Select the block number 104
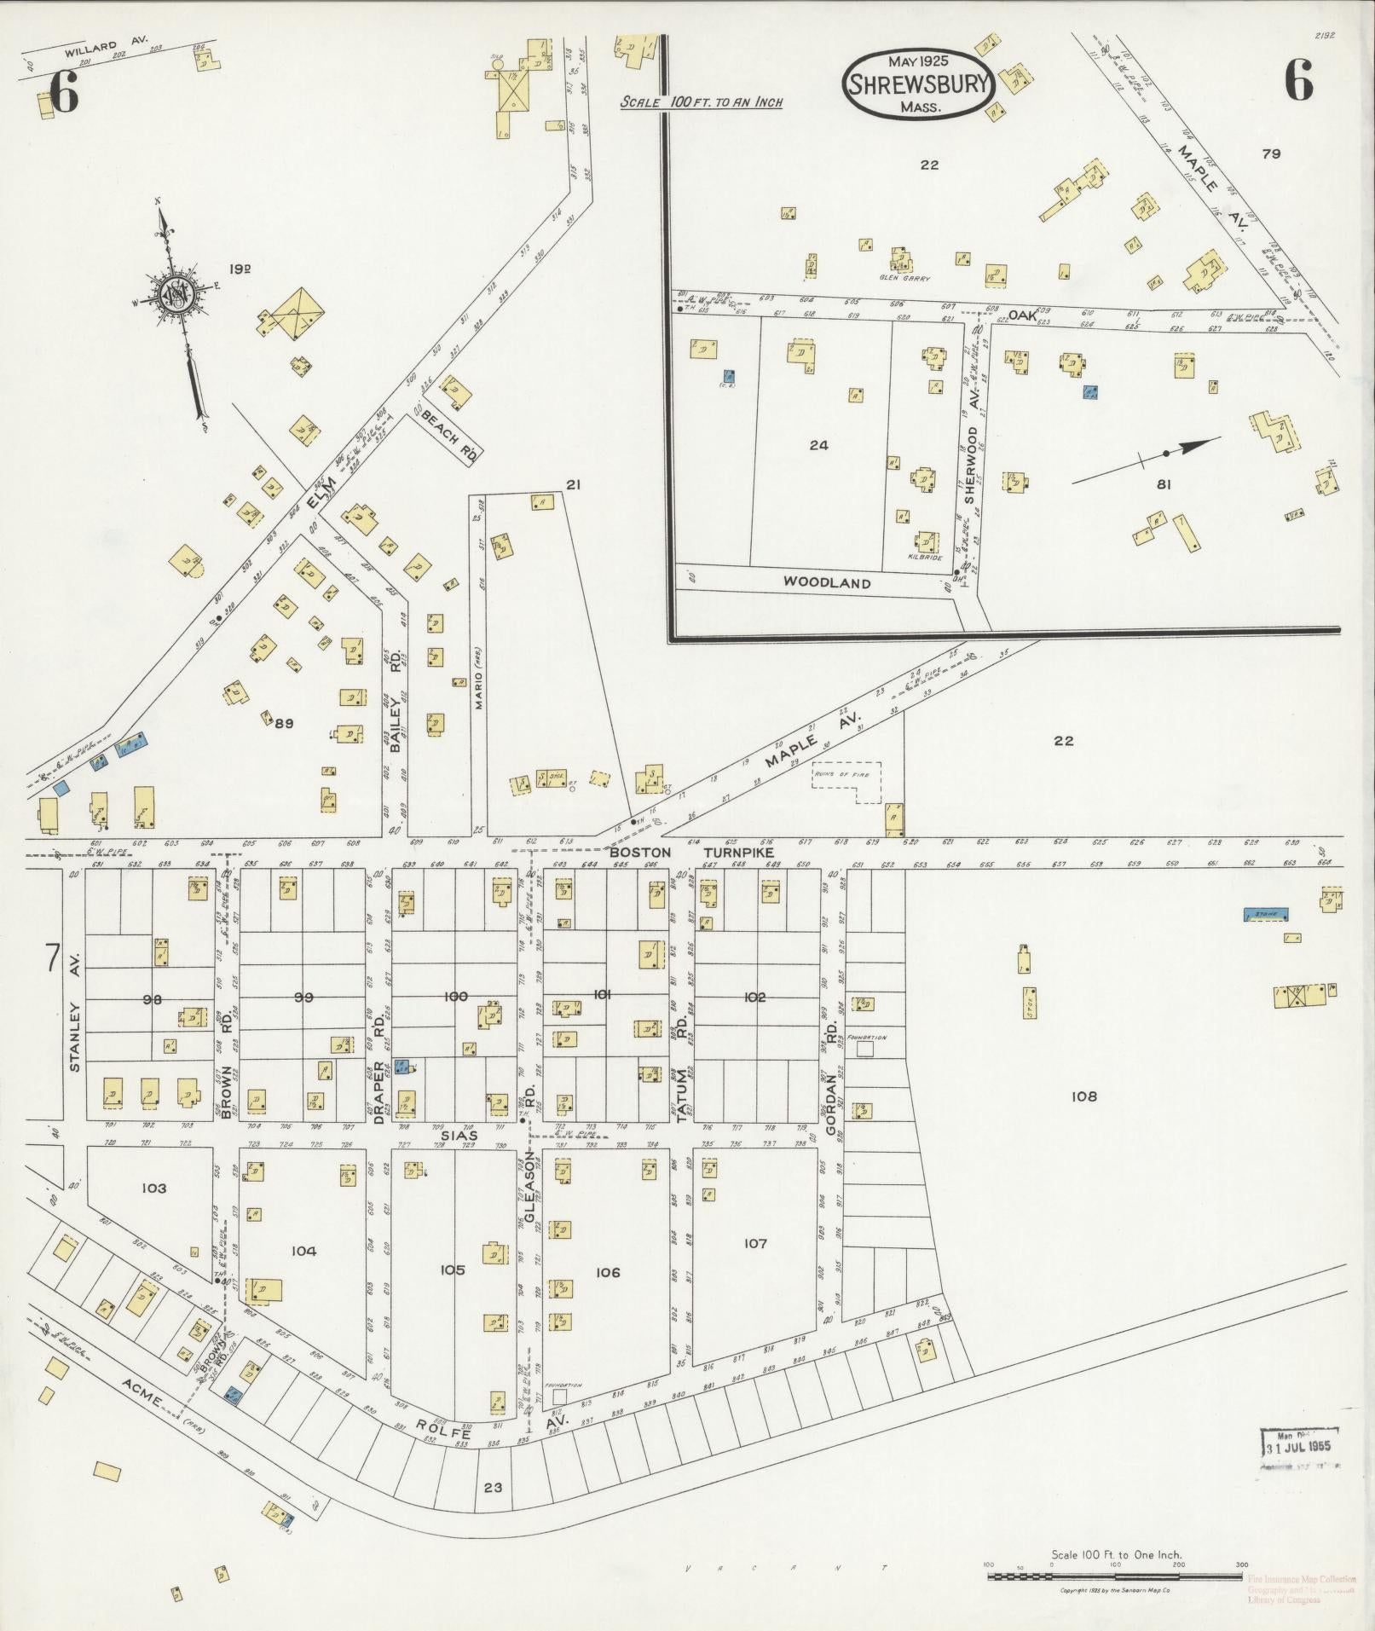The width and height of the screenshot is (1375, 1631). pyautogui.click(x=303, y=1251)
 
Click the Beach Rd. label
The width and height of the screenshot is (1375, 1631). pyautogui.click(x=448, y=431)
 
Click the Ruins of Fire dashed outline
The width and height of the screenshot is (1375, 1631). pyautogui.click(x=846, y=780)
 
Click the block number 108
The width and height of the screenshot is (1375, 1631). pyautogui.click(x=1083, y=1096)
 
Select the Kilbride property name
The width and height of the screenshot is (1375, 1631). pyautogui.click(x=924, y=558)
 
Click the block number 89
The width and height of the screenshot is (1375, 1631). pyautogui.click(x=284, y=723)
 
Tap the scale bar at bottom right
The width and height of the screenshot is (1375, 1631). pyautogui.click(x=1113, y=1576)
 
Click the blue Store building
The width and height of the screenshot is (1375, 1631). pyautogui.click(x=1265, y=914)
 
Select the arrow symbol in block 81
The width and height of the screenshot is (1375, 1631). pyautogui.click(x=1145, y=460)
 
